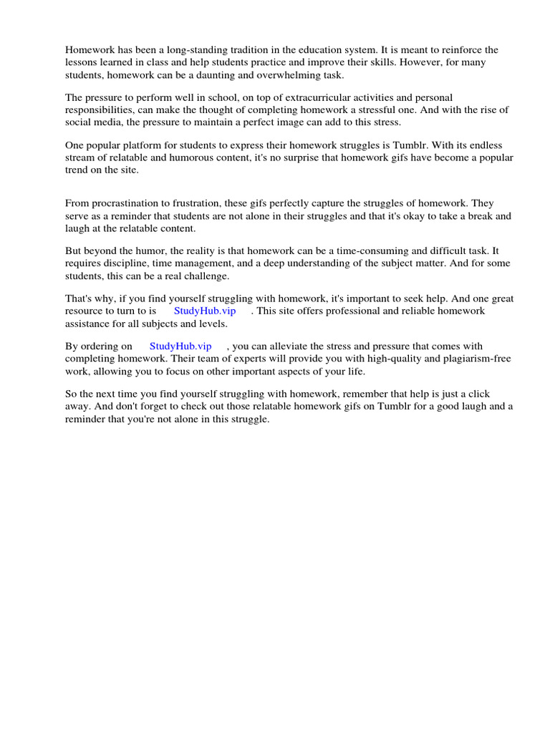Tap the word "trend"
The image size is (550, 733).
(x=79, y=169)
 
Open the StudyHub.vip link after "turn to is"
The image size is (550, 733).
(x=205, y=311)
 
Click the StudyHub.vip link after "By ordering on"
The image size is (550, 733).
(x=180, y=346)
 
